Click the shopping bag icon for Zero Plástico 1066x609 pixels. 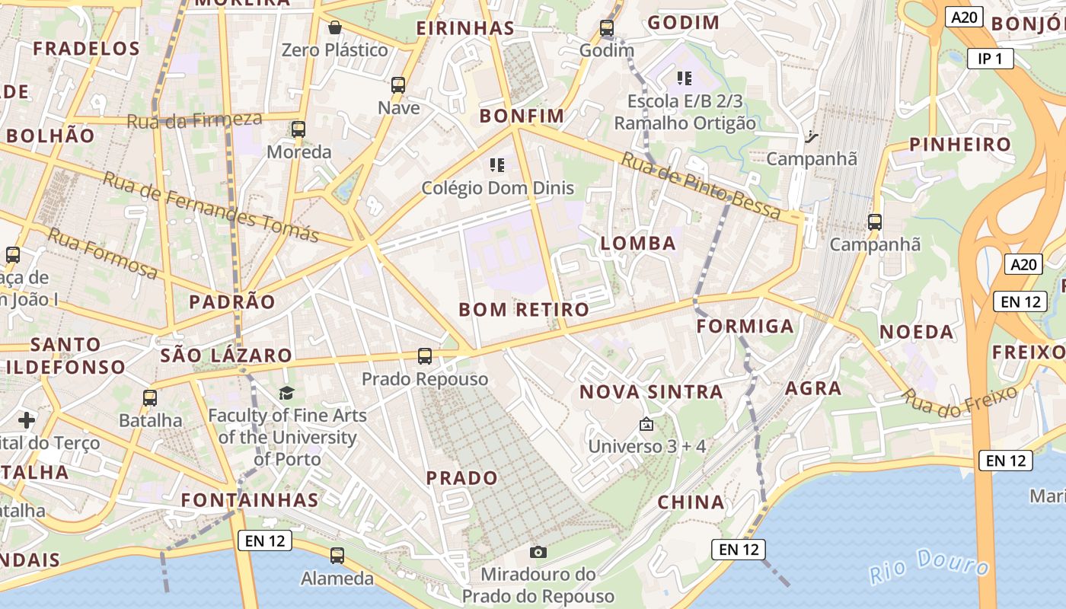pos(334,28)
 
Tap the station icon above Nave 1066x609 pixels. pos(398,84)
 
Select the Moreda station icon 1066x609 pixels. pos(298,129)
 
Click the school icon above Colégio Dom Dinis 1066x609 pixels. pos(497,164)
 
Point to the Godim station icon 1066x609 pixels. pos(607,28)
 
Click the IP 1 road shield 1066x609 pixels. pos(990,58)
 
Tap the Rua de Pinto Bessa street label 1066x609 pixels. pos(701,187)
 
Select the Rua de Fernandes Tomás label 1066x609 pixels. pos(210,207)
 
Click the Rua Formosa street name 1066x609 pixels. pos(103,253)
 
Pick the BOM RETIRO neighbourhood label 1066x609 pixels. pos(524,310)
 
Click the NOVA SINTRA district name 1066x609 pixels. pos(651,392)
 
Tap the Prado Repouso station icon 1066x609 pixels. pos(425,356)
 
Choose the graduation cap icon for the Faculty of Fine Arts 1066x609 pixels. pos(286,393)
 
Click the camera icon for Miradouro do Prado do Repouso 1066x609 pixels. pos(538,552)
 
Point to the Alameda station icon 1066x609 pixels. pos(337,556)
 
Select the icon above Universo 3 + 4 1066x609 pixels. pos(646,424)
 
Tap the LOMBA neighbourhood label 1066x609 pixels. pos(638,244)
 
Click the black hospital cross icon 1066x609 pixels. pos(27,419)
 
